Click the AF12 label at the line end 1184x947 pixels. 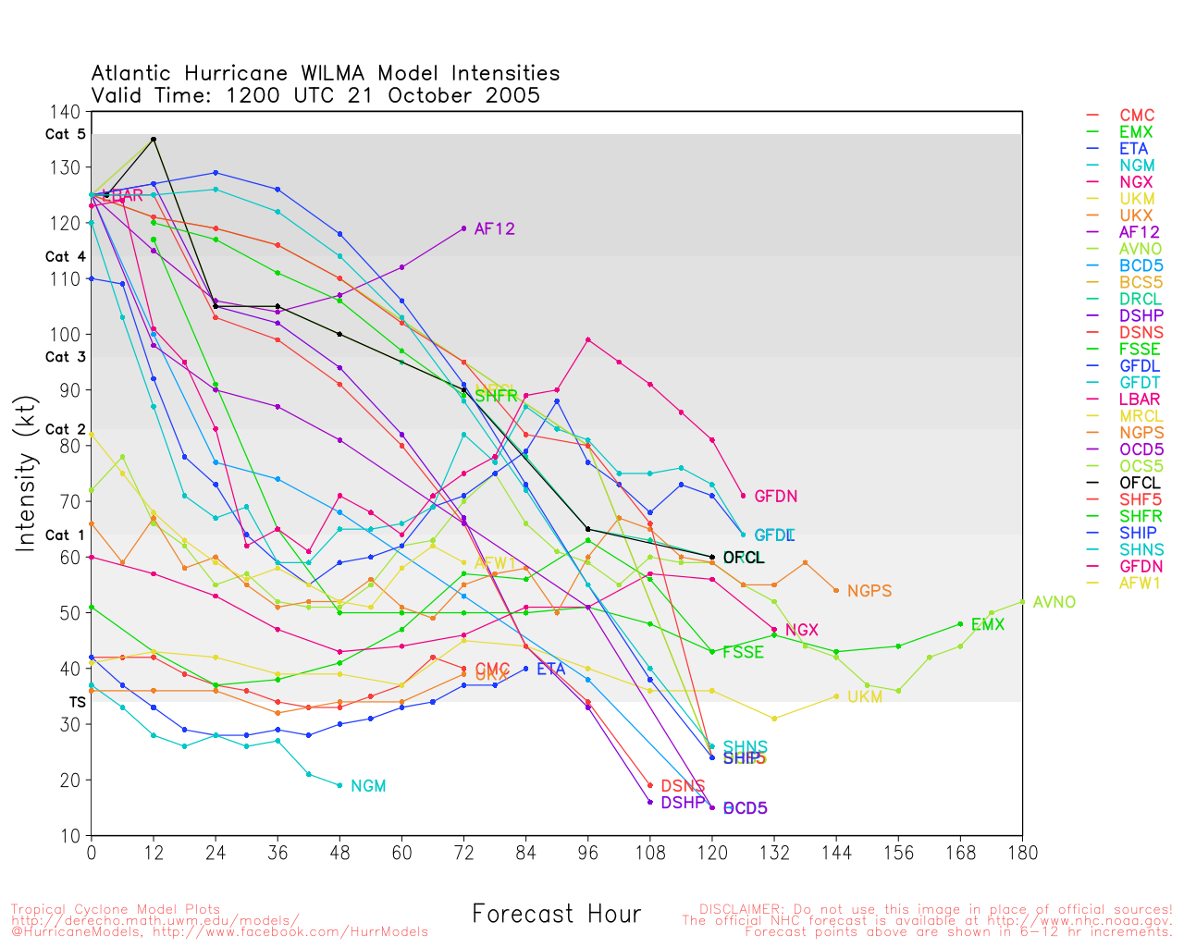point(494,229)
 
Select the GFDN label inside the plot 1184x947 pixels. point(775,497)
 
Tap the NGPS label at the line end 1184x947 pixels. point(869,591)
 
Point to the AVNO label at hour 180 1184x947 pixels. point(1054,602)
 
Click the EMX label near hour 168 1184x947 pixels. point(987,625)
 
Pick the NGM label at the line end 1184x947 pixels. point(368,786)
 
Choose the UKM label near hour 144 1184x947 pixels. point(864,697)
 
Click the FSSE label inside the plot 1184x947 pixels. point(743,652)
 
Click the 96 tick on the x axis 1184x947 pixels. point(588,852)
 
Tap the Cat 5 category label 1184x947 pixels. point(65,134)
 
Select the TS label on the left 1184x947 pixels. point(77,702)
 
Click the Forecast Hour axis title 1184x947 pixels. point(556,915)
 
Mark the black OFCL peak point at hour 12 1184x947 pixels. point(154,139)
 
